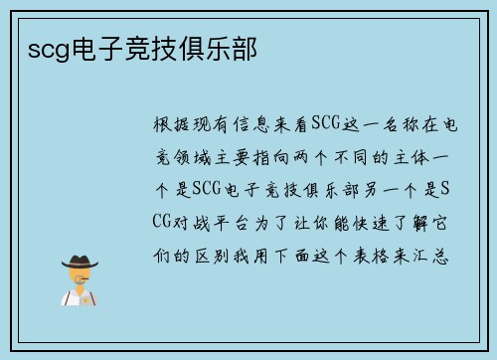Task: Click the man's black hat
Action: [80, 262]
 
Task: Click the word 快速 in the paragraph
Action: [364, 220]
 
